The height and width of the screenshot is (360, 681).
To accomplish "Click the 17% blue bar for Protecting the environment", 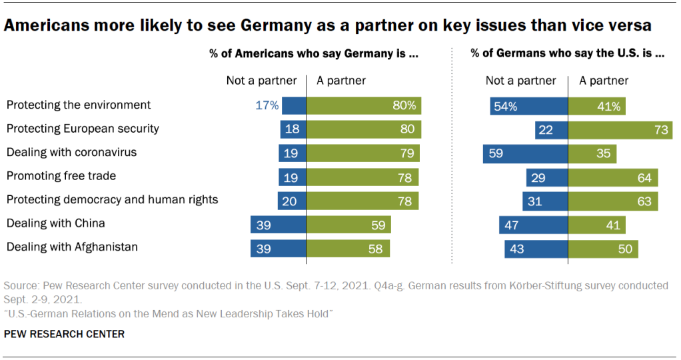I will coord(294,105).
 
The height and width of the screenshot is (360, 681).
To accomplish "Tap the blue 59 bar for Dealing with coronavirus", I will coord(526,153).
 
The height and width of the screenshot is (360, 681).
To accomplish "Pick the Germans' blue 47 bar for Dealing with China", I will coord(534,225).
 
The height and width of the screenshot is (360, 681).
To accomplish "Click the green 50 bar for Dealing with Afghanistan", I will coord(603,248).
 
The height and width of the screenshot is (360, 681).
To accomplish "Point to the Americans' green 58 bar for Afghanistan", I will coord(348,248).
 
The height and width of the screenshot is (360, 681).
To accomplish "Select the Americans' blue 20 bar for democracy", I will coord(292,200).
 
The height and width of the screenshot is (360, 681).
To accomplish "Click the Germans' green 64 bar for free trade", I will coord(613,177).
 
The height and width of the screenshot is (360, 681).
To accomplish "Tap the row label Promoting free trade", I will coord(61,176).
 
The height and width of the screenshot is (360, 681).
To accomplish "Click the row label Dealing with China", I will coord(56,223).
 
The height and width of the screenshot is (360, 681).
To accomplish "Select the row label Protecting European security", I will coord(83,128).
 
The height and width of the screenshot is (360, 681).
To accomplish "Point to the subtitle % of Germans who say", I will coord(567,54).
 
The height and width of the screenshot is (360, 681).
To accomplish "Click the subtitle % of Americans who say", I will coord(314,54).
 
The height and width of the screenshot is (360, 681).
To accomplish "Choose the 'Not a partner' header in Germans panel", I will coord(520,81).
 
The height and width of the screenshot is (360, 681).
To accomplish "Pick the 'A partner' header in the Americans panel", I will coord(341,81).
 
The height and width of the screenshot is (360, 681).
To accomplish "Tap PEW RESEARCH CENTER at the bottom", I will coord(64,334).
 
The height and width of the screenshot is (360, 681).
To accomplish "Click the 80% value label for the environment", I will coord(404,105).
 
